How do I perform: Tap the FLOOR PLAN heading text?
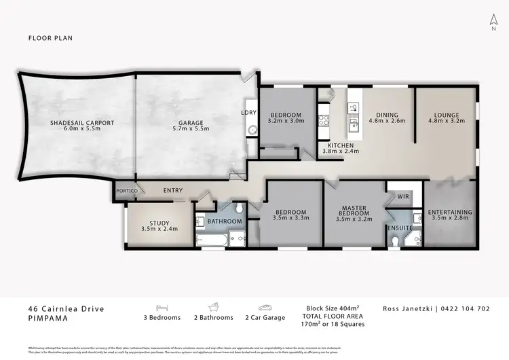(x=50, y=38)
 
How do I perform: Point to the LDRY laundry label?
(x=248, y=113)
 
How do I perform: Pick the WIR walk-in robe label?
(x=403, y=196)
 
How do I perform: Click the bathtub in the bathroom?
(x=208, y=240)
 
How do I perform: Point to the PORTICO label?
(x=127, y=192)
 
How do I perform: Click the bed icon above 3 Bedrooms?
(x=162, y=307)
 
